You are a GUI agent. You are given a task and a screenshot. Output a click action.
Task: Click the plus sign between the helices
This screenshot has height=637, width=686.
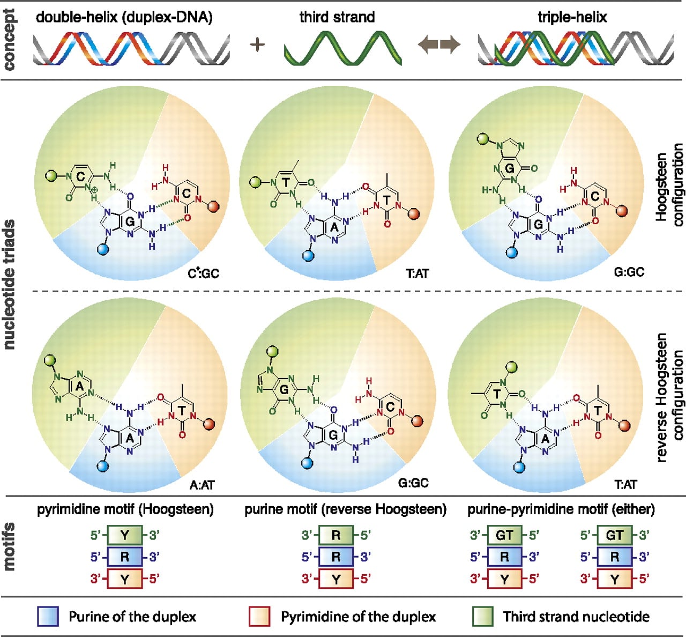coord(257,45)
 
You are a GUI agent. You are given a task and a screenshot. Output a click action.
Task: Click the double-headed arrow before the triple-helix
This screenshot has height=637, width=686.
coord(439,45)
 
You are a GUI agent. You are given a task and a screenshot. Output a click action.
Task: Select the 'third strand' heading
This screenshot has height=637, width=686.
coord(337,17)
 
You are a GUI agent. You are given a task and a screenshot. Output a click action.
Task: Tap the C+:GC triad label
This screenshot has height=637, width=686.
coord(204,273)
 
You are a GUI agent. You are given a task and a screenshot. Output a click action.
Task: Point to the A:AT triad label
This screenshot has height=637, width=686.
coord(202,485)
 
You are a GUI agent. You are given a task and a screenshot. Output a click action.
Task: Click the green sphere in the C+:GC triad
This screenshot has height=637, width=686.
coord(50,175)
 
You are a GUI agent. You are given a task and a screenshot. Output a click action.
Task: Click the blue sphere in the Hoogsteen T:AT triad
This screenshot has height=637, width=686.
coord(309,256)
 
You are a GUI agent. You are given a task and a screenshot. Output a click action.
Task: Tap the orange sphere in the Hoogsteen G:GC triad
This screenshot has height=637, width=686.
coord(622,211)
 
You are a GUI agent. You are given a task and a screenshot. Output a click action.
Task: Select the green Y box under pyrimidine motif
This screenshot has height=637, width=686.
coord(125,535)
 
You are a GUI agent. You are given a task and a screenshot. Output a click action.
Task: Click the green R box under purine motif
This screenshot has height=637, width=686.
coord(335,535)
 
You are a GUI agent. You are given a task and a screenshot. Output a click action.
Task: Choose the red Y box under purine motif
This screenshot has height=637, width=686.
coord(335,579)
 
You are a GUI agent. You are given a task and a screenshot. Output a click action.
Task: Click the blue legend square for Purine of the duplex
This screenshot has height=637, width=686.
coord(48,617)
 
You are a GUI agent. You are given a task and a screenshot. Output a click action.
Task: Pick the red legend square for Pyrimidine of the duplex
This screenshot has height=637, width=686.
coord(259,617)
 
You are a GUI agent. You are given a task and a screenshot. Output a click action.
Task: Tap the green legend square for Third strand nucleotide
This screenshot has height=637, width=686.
coord(483,617)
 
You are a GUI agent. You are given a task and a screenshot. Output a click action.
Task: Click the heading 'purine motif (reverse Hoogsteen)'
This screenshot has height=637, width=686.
coord(346,509)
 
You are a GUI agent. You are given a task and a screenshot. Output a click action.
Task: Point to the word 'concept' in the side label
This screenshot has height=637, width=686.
coord(9,39)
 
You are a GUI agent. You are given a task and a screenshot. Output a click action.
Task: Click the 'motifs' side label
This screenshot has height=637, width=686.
coord(9,546)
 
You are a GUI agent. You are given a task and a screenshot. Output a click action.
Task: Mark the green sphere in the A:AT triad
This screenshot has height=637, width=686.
coord(50,360)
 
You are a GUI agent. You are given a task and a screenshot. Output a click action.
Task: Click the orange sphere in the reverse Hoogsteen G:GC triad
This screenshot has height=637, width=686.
coord(417,421)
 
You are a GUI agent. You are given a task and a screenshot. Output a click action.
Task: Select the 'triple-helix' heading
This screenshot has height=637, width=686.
coord(572,17)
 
